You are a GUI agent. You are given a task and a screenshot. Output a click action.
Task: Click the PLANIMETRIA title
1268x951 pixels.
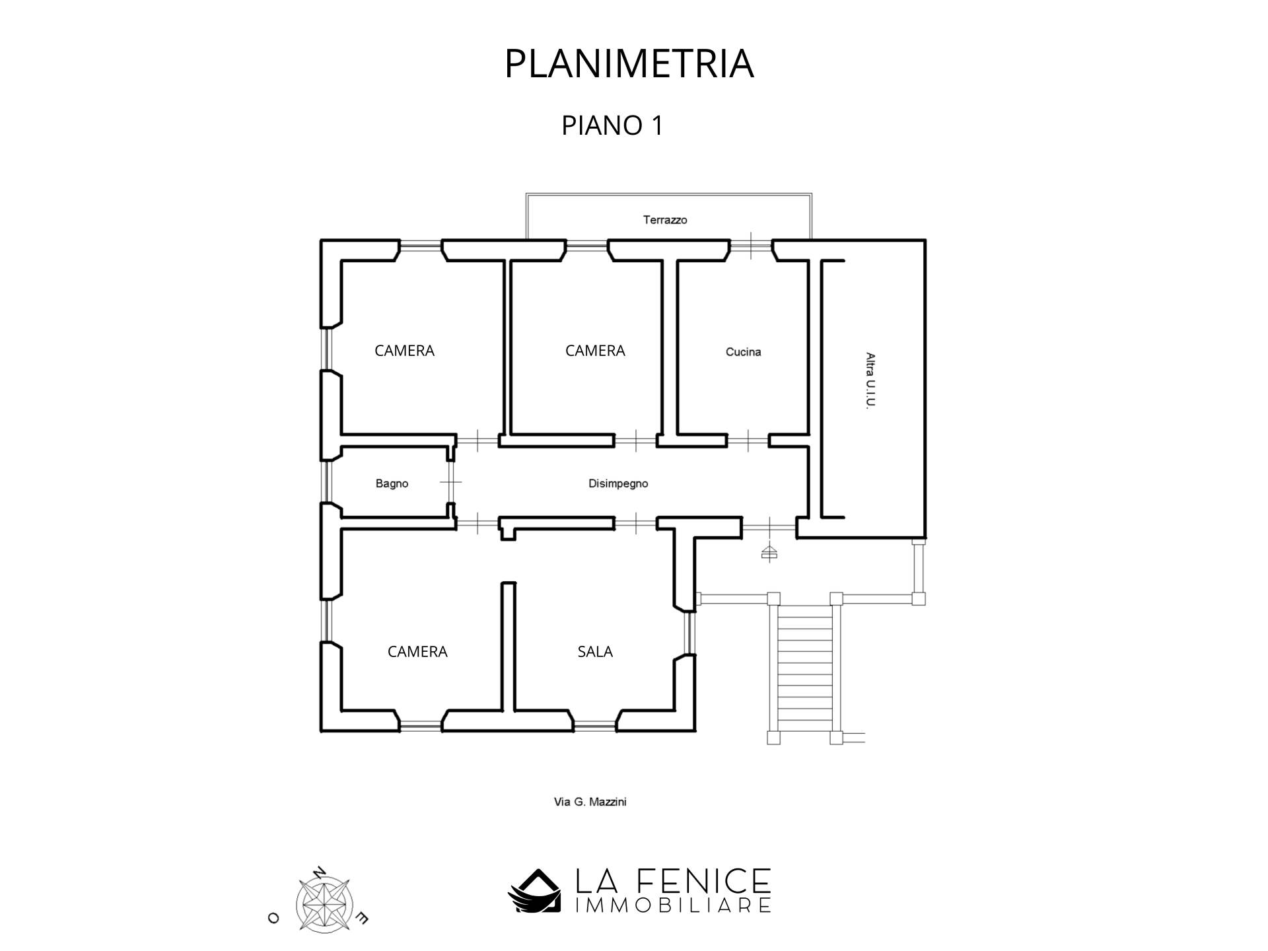[629, 64]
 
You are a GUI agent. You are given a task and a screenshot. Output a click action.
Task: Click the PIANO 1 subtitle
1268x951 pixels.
[612, 125]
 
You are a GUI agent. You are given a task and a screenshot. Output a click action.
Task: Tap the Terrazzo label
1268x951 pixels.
[665, 220]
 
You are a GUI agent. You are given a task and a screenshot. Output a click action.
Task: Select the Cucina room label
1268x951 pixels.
[743, 352]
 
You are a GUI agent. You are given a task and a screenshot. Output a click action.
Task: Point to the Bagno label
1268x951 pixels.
[392, 483]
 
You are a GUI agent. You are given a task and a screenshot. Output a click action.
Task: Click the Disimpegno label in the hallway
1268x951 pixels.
[618, 483]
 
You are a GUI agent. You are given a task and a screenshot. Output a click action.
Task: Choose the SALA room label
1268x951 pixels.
[595, 652]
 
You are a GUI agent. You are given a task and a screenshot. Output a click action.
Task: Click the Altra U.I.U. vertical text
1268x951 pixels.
[870, 381]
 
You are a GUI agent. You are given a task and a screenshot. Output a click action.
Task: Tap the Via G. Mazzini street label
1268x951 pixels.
[590, 802]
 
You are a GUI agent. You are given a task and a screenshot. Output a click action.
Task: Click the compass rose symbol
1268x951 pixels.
[323, 903]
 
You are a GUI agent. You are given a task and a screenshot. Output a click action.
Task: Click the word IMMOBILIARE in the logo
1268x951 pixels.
[673, 905]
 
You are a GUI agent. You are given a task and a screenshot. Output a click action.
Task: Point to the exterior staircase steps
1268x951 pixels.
[804, 667]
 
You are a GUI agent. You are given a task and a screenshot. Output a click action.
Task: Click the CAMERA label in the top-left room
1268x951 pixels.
[404, 351]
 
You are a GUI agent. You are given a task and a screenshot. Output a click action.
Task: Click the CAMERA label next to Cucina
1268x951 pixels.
[595, 351]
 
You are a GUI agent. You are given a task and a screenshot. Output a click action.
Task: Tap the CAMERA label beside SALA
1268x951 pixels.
[417, 652]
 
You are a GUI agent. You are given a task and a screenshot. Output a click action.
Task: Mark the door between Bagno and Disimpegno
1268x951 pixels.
[451, 482]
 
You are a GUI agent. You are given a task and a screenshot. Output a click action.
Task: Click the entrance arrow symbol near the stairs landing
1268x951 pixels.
[769, 552]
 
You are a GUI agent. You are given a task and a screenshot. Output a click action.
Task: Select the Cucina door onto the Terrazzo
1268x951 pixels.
[751, 246]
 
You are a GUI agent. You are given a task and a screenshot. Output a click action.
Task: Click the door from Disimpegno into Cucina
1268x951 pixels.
[748, 440]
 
